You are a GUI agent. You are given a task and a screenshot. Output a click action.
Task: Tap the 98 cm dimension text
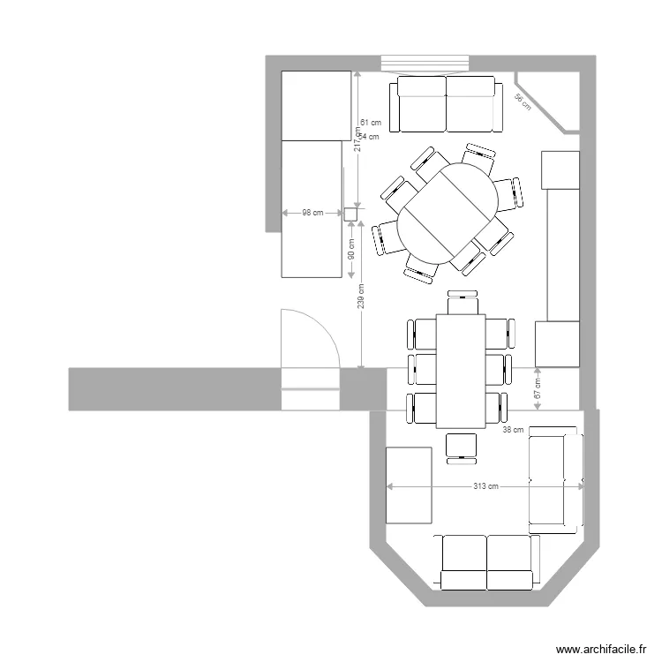coord(312,213)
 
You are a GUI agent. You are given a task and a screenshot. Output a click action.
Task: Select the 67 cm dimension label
coord(538,389)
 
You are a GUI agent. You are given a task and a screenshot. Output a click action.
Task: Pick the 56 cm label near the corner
coord(523,102)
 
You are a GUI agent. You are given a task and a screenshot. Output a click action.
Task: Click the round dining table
coord(448,212)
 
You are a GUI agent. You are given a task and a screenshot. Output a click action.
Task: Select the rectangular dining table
coord(460,372)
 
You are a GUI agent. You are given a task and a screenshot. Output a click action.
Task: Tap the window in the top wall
coord(425,64)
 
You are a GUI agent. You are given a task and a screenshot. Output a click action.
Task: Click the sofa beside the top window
coord(447,103)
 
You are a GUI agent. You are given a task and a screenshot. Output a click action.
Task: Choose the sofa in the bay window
coord(487,561)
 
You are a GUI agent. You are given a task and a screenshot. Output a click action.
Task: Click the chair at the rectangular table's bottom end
coord(461,446)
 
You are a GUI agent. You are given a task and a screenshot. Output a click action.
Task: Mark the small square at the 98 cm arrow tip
coord(350,213)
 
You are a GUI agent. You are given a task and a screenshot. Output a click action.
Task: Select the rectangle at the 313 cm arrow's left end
coord(409,485)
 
